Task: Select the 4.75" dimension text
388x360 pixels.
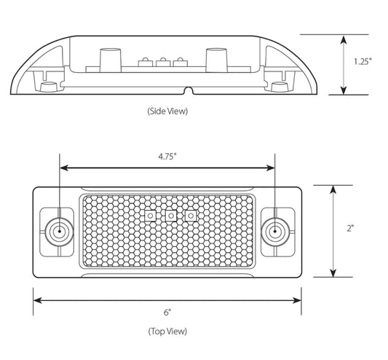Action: tap(167, 156)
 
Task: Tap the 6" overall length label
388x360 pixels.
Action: tap(167, 312)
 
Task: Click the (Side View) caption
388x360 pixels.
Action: tap(167, 111)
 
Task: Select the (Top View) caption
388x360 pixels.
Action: tap(167, 331)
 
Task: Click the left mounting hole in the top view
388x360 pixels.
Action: tap(58, 231)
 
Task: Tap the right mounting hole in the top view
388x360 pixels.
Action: tap(275, 231)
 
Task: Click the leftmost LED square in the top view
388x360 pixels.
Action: tap(150, 216)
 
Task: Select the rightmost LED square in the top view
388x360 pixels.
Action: tap(191, 216)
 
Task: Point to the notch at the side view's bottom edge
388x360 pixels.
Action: tap(188, 92)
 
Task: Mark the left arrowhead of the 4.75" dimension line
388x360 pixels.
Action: tap(63, 168)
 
